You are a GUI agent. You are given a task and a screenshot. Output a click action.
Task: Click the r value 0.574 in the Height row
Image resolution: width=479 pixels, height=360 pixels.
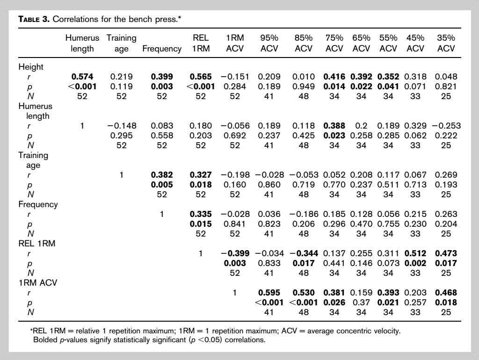click(82, 77)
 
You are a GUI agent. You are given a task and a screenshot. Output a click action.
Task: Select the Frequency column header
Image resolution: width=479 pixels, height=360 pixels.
click(162, 49)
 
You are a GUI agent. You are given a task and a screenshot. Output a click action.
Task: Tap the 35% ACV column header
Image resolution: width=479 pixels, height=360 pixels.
click(446, 43)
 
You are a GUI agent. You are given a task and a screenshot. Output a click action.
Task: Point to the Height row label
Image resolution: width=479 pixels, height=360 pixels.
click(31, 67)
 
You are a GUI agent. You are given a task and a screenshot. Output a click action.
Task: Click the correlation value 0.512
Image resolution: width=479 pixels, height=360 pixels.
click(415, 253)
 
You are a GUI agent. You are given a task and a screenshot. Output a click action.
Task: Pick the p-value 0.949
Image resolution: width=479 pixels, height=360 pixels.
click(303, 86)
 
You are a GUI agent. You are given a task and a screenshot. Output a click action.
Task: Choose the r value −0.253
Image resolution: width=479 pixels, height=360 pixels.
click(446, 126)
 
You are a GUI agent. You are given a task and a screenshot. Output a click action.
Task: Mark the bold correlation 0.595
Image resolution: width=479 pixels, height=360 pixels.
click(269, 293)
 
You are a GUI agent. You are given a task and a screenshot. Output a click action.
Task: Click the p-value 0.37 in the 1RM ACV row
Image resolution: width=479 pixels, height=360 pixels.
click(361, 302)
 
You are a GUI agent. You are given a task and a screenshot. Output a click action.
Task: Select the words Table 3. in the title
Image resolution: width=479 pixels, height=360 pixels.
click(34, 19)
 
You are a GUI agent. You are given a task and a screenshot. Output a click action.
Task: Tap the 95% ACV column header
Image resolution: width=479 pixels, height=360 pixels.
click(269, 43)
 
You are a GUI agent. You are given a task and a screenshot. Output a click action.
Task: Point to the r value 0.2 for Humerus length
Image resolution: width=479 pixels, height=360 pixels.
click(361, 126)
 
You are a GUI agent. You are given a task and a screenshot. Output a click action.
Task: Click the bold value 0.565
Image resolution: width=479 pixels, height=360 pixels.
click(201, 77)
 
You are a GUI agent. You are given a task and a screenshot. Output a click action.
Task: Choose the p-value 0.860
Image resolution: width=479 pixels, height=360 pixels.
click(269, 184)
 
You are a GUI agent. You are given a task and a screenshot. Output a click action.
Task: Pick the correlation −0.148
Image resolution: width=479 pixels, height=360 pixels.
click(122, 126)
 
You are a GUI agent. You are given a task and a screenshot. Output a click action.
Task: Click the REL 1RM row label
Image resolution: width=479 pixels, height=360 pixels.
click(37, 244)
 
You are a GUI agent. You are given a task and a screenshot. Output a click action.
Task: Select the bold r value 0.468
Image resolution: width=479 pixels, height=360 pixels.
click(446, 293)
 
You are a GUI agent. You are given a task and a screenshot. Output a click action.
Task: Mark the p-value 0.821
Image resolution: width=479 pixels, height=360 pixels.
click(446, 86)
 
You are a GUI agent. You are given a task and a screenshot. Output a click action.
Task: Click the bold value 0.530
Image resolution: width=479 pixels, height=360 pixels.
click(303, 293)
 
